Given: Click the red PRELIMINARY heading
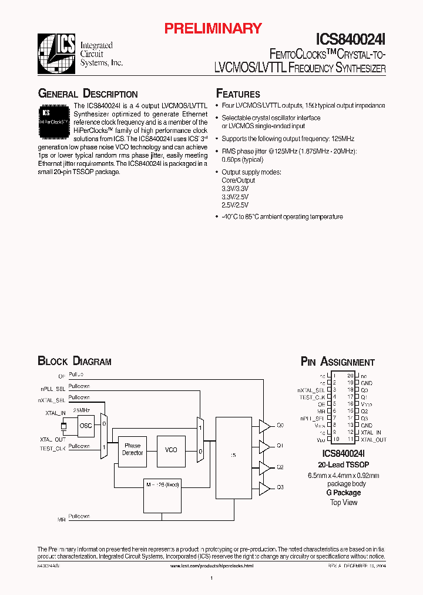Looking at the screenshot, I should [212, 28].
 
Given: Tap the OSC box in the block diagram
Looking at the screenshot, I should [86, 426].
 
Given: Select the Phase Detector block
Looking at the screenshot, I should [132, 449].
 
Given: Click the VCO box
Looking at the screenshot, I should [171, 450].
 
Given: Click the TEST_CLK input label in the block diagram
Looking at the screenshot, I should [52, 449].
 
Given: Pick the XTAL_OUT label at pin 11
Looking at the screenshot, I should [374, 439].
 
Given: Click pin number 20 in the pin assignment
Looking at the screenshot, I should [350, 375].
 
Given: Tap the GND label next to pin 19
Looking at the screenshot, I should [367, 383].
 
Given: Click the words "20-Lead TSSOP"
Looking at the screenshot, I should [344, 464].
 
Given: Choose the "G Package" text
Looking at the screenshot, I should [344, 493].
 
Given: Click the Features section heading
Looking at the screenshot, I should [238, 94].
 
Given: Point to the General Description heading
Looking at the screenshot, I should [88, 94].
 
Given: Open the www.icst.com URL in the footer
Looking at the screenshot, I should [211, 565].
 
